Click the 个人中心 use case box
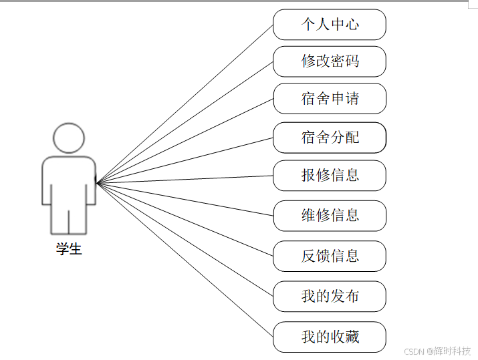click(x=330, y=25)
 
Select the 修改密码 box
click(x=330, y=61)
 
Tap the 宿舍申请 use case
click(x=330, y=99)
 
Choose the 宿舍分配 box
click(x=330, y=138)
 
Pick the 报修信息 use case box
click(x=330, y=176)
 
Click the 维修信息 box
click(x=330, y=215)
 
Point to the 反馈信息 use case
click(x=330, y=256)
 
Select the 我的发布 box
click(x=330, y=296)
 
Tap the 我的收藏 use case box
click(x=330, y=337)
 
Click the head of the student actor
click(x=69, y=138)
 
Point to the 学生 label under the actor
click(x=69, y=250)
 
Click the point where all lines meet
click(x=98, y=182)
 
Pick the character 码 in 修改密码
click(x=352, y=61)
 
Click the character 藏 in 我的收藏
click(x=352, y=337)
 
